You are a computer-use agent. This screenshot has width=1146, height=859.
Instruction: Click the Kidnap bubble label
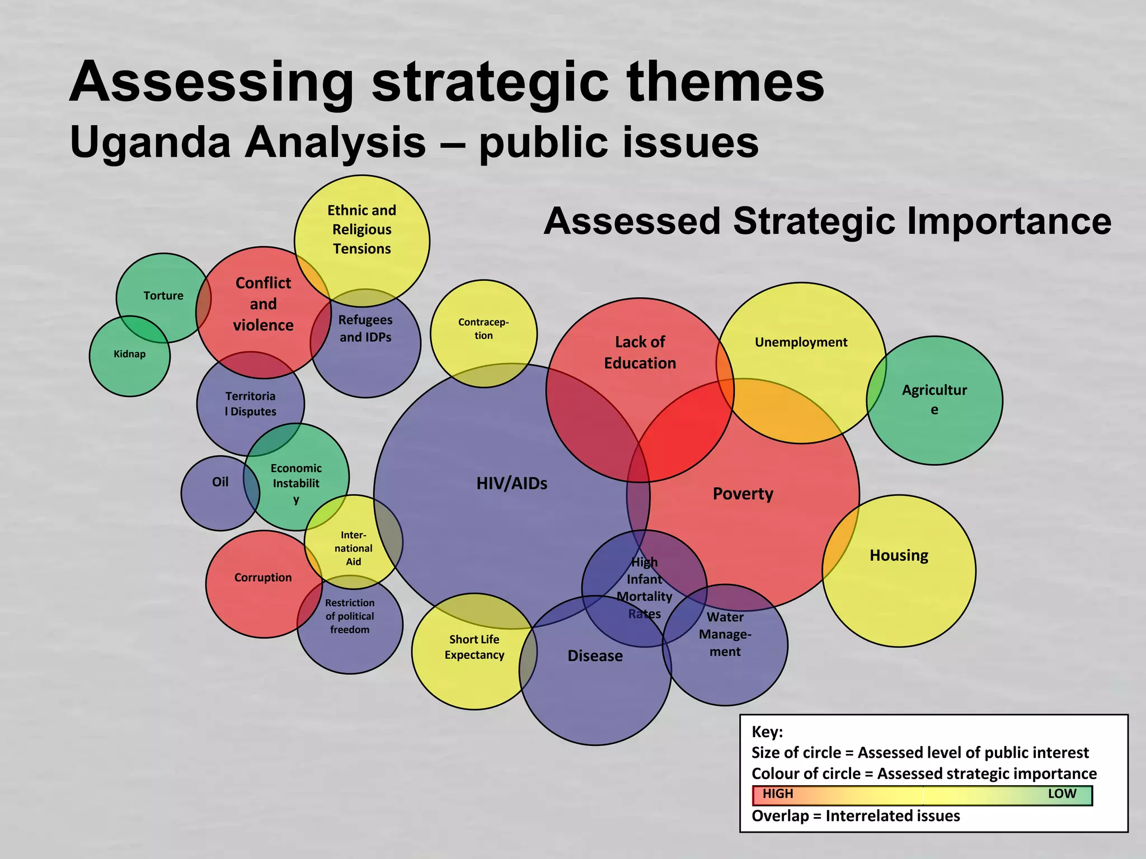(x=129, y=354)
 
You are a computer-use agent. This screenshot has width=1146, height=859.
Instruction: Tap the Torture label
(x=163, y=296)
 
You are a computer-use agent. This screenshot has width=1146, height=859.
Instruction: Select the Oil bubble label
(x=220, y=482)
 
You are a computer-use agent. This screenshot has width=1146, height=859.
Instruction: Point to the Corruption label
(x=263, y=578)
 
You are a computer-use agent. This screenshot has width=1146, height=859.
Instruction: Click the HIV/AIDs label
(x=511, y=484)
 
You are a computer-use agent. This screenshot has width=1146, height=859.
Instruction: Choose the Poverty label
(x=743, y=494)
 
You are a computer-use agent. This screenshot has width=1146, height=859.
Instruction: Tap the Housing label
(x=899, y=555)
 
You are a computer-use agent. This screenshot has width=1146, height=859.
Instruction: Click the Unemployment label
(x=801, y=342)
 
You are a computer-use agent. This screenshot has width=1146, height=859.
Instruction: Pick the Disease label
(x=595, y=656)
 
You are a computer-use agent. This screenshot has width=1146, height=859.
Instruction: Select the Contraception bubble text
(x=483, y=329)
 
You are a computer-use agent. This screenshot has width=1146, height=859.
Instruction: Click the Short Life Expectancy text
(x=475, y=647)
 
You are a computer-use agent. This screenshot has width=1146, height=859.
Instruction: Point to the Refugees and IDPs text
(x=365, y=328)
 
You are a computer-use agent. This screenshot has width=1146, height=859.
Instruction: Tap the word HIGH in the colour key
(x=778, y=794)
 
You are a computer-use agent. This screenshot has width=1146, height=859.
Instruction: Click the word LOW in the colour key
(x=1062, y=794)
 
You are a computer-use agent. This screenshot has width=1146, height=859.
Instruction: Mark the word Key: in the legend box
(x=767, y=732)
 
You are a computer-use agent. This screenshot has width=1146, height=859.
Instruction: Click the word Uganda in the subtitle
(x=150, y=142)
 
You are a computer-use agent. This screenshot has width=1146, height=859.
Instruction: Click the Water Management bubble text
(x=725, y=634)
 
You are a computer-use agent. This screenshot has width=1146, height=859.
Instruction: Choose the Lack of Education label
(x=640, y=352)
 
